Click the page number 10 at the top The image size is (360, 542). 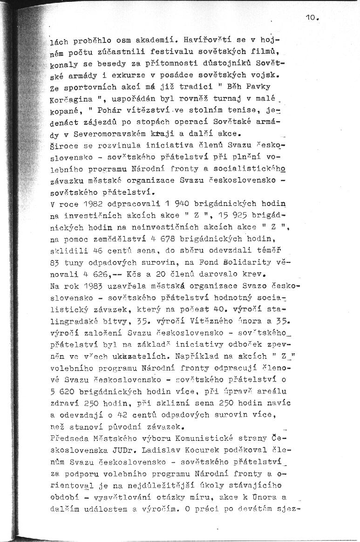coord(311,18)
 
